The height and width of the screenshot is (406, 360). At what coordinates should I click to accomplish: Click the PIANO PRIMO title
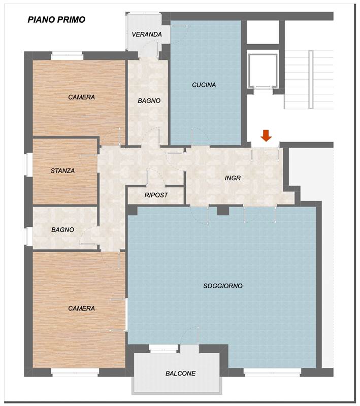pyautogui.click(x=56, y=20)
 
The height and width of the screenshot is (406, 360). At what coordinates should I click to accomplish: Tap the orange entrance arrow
pyautogui.click(x=266, y=136)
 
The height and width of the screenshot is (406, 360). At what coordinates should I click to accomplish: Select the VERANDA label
pyautogui.click(x=147, y=34)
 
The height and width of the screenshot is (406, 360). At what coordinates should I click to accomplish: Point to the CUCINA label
pyautogui.click(x=204, y=85)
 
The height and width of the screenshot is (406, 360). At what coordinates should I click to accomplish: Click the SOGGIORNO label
pyautogui.click(x=223, y=286)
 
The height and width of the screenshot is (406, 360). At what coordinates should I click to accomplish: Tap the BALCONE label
pyautogui.click(x=181, y=374)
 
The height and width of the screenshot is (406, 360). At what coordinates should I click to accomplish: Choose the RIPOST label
pyautogui.click(x=156, y=195)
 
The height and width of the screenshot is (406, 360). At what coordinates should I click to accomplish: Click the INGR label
pyautogui.click(x=233, y=178)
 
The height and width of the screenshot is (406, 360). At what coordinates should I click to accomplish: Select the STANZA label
pyautogui.click(x=62, y=171)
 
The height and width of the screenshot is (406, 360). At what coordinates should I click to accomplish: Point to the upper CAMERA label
pyautogui.click(x=81, y=97)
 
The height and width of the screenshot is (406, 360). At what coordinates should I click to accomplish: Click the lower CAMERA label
pyautogui.click(x=81, y=309)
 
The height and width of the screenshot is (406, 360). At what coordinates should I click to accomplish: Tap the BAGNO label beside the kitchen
pyautogui.click(x=149, y=100)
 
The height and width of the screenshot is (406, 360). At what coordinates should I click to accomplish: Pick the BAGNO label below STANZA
pyautogui.click(x=62, y=230)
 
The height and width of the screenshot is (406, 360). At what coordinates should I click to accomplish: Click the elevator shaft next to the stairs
pyautogui.click(x=263, y=71)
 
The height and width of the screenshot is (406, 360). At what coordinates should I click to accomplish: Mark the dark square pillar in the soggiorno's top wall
pyautogui.click(x=223, y=210)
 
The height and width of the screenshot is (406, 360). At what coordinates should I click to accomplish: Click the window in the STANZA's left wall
pyautogui.click(x=28, y=165)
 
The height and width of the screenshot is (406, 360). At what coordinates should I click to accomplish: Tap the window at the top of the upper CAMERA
pyautogui.click(x=67, y=56)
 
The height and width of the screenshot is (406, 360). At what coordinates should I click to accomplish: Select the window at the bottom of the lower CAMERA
pyautogui.click(x=75, y=373)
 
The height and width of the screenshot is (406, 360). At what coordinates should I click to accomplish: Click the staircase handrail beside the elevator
pyautogui.click(x=311, y=79)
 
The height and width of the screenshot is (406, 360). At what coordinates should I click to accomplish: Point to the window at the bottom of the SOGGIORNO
pyautogui.click(x=272, y=373)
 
